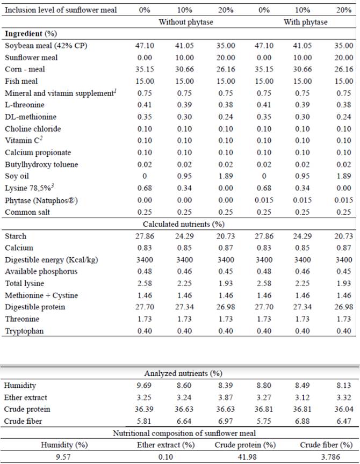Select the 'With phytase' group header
(305, 22)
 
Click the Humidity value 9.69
(145, 386)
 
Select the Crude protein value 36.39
(145, 409)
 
